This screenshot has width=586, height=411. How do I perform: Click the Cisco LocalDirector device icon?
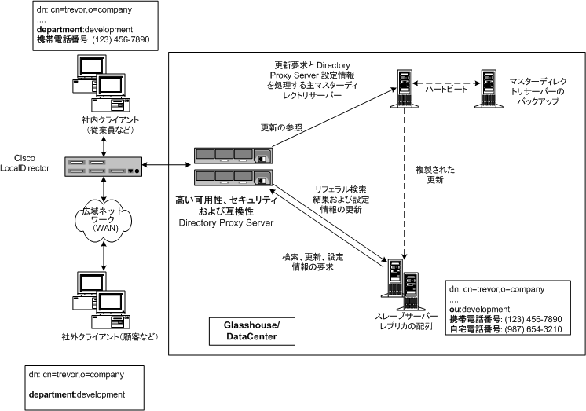click(x=104, y=167)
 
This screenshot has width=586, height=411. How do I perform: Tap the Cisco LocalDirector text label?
click(x=24, y=163)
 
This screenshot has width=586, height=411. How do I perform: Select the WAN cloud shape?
click(x=104, y=221)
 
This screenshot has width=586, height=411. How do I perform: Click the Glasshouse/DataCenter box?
click(x=251, y=331)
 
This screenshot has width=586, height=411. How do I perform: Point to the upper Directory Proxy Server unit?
click(x=233, y=156)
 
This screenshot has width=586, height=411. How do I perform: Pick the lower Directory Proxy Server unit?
click(x=233, y=178)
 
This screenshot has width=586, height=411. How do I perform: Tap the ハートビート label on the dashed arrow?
click(x=446, y=89)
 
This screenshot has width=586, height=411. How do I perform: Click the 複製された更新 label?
click(x=435, y=174)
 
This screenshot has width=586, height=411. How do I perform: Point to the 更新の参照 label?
click(x=281, y=128)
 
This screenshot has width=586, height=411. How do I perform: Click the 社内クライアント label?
click(x=110, y=120)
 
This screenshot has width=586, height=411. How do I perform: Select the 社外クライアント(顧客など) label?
click(x=110, y=336)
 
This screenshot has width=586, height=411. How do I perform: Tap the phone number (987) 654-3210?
click(x=533, y=329)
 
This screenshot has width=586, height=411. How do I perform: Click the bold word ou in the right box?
click(x=454, y=310)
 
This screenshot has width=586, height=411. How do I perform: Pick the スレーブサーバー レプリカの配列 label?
click(x=406, y=321)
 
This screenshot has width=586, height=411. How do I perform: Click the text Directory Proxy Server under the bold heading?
click(x=226, y=223)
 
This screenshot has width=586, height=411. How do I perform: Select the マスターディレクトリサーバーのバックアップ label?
click(x=538, y=91)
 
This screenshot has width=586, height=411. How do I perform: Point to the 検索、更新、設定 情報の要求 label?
click(x=313, y=262)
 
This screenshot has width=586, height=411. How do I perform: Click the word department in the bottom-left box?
click(x=52, y=395)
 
